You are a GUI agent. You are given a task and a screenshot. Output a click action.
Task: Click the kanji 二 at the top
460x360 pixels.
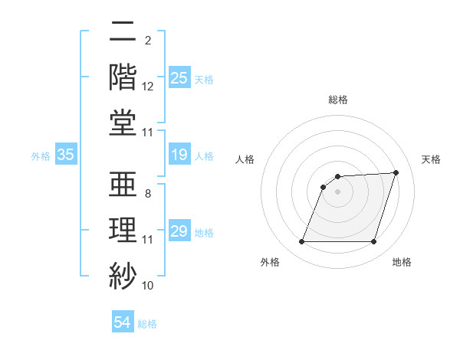click(x=123, y=31)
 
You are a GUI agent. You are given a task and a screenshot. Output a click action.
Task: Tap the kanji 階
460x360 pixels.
click(x=123, y=77)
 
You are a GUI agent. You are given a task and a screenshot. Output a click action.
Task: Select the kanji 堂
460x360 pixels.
click(x=123, y=122)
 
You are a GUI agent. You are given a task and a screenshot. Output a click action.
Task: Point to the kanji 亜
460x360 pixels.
click(x=123, y=185)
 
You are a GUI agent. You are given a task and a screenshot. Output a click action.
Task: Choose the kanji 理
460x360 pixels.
click(x=123, y=230)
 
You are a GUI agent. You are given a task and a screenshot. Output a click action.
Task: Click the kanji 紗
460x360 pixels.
click(x=123, y=275)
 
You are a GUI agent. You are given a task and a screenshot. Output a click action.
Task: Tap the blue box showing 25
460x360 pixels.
click(x=179, y=77)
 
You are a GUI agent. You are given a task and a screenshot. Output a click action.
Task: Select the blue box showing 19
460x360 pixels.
click(x=179, y=155)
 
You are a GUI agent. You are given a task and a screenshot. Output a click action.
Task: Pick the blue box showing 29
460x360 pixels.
click(x=179, y=231)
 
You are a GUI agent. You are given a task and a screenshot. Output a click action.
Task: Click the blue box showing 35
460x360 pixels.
click(x=65, y=155)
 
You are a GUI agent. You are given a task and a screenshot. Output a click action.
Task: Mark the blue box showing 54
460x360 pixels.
click(x=122, y=323)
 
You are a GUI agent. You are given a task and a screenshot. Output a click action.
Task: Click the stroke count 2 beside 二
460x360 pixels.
click(x=147, y=40)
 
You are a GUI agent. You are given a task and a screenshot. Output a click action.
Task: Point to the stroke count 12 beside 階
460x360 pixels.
click(x=148, y=87)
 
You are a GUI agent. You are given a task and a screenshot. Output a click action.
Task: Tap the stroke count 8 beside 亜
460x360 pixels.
click(x=147, y=194)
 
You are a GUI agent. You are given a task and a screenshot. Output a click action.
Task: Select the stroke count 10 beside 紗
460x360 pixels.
click(x=148, y=286)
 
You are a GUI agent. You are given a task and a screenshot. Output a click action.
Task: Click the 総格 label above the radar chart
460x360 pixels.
click(x=337, y=100)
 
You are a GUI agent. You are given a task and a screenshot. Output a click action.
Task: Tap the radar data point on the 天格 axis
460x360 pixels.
click(x=396, y=172)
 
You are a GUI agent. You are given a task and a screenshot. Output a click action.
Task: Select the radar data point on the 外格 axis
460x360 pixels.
click(x=301, y=242)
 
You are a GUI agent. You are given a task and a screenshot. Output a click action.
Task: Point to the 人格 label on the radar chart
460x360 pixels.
click(x=245, y=159)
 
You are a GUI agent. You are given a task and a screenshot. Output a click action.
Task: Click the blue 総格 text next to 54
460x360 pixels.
click(x=147, y=324)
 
